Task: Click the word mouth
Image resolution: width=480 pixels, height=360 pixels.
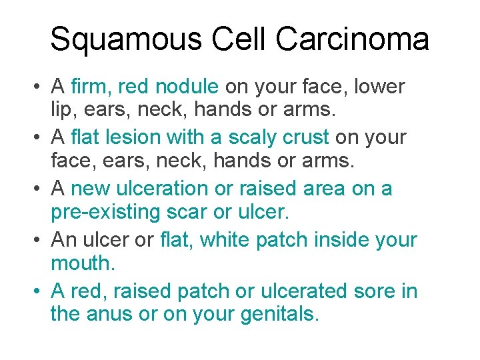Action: [82, 263]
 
